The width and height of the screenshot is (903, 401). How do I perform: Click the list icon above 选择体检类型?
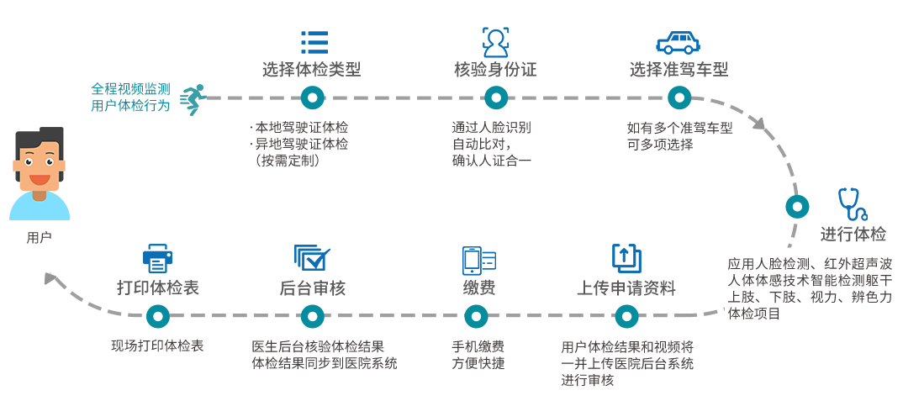click(314, 42)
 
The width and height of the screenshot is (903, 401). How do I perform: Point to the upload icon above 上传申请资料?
click(626, 258)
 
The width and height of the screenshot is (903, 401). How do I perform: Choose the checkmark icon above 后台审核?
click(312, 257)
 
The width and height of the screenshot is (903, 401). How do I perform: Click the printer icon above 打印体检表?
click(158, 258)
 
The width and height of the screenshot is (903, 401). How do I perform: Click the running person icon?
click(193, 99)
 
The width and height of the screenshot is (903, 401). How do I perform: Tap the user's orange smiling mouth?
click(40, 178)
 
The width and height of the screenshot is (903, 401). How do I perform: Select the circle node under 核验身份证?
click(493, 98)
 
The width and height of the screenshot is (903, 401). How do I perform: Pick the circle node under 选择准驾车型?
click(679, 98)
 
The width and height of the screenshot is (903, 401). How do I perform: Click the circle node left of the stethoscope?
click(797, 206)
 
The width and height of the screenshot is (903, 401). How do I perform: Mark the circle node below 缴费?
click(476, 316)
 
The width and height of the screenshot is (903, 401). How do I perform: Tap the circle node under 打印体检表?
click(158, 316)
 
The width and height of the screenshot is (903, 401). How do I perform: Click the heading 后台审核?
click(313, 288)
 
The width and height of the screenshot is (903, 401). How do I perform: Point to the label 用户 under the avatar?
click(40, 237)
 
